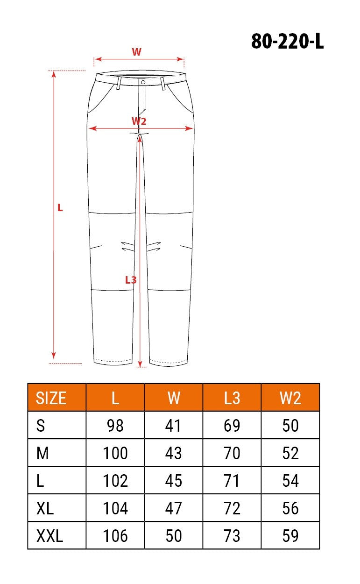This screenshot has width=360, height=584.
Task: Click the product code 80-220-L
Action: tap(287, 42)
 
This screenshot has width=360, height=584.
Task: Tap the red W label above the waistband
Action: tap(136, 52)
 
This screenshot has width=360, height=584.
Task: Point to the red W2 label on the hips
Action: tap(139, 121)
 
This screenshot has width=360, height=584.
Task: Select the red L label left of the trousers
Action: tap(60, 208)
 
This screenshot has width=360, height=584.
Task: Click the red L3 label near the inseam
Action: tap(131, 280)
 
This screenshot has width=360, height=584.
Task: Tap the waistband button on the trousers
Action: tap(143, 82)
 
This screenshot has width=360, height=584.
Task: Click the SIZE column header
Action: tap(51, 398)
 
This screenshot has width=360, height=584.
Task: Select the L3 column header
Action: tap(232, 398)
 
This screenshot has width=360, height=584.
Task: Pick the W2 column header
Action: tap(290, 398)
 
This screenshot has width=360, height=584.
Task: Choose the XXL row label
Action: tap(49, 535)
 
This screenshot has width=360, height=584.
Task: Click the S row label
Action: tap(41, 426)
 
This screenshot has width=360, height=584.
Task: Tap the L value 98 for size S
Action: tap(115, 426)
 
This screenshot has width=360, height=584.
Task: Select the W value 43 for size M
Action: tap(173, 453)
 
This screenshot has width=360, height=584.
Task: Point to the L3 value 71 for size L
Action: tap(232, 481)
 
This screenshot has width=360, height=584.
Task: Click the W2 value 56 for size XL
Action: tap(290, 508)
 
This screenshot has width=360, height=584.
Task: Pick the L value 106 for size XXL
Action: tap(115, 535)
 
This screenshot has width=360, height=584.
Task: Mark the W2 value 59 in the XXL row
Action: tap(290, 535)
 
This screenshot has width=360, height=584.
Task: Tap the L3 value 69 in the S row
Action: tap(232, 426)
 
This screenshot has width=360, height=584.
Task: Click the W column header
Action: tap(174, 398)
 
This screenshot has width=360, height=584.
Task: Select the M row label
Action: tap(42, 453)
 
